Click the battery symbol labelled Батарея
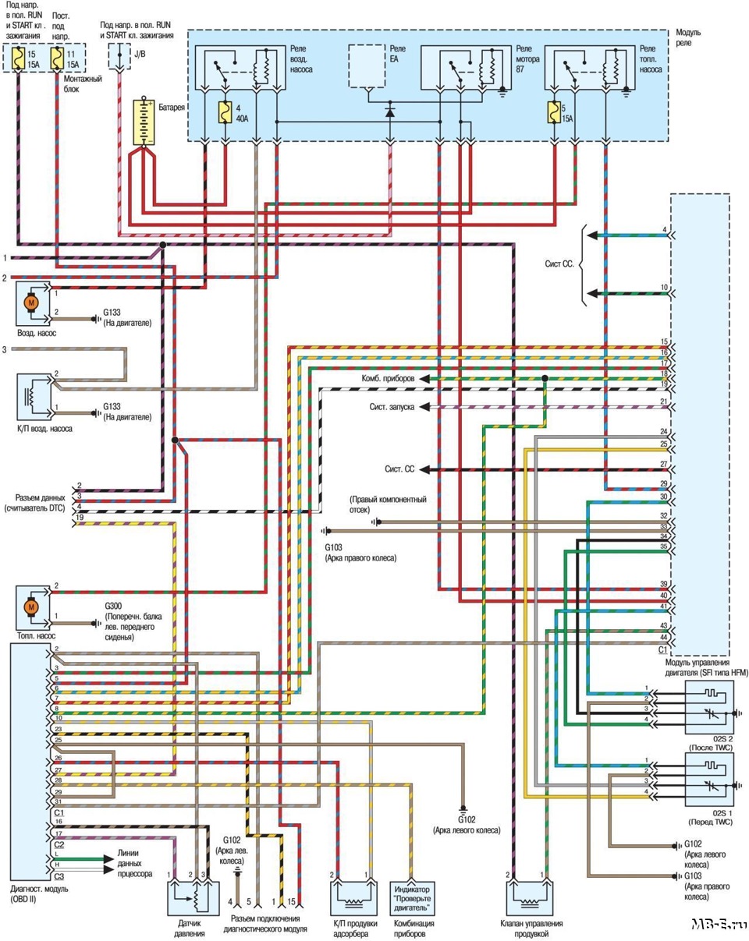[x=145, y=122]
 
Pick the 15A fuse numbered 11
[x=56, y=58]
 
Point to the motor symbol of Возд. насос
[x=33, y=302]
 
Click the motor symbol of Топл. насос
[x=33, y=606]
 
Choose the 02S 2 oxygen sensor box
[x=709, y=707]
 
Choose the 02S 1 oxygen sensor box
[x=709, y=779]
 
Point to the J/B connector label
[x=140, y=54]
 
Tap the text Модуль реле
[x=688, y=37]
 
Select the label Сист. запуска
[x=392, y=407]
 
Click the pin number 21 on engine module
[x=663, y=402]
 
